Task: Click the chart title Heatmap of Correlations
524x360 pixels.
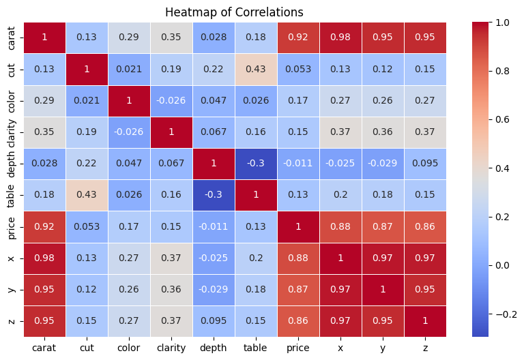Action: tap(235, 12)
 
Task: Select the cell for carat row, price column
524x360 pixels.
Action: tap(298, 38)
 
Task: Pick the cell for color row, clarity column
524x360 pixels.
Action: tap(171, 101)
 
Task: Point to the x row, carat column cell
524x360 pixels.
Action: tap(44, 258)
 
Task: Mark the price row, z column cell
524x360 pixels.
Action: tap(425, 226)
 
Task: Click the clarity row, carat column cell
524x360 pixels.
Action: tap(44, 132)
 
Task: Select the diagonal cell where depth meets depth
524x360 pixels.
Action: tap(214, 164)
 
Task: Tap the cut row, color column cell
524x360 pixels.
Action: tap(129, 70)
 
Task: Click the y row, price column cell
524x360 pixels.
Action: tap(298, 290)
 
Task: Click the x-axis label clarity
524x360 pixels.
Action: tap(171, 348)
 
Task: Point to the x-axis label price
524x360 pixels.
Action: tap(298, 348)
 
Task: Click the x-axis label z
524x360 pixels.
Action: tap(425, 348)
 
